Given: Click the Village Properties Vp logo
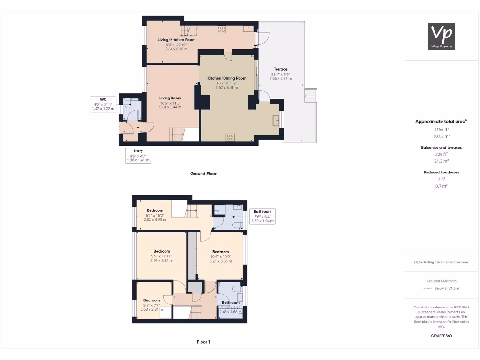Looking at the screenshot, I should (442, 36).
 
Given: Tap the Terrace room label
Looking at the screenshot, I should (280, 69).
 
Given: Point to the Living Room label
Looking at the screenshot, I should (170, 98).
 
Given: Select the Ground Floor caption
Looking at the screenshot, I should (203, 173).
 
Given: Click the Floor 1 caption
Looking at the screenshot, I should (203, 342).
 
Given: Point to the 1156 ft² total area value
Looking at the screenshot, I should (441, 129).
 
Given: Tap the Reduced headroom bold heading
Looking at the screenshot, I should (441, 172).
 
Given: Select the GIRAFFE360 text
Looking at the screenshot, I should (441, 336).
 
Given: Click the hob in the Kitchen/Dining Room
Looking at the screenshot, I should (230, 137).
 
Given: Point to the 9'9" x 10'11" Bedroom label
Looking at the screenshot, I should (161, 251).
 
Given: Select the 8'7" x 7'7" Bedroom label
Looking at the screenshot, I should (151, 300).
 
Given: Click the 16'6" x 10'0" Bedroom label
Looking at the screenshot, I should (220, 252).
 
